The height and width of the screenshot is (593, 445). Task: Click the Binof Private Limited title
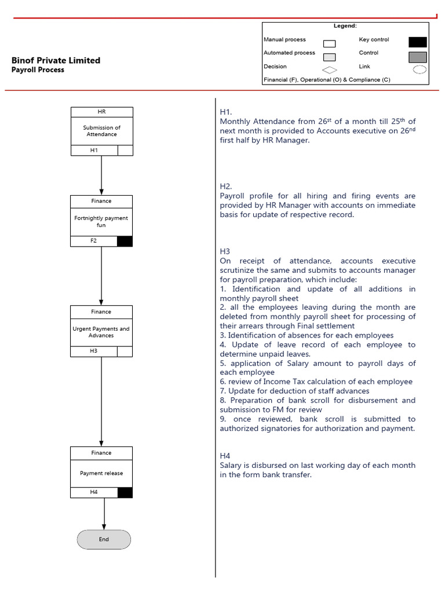[x=56, y=60]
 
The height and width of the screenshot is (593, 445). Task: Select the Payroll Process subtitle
[x=38, y=70]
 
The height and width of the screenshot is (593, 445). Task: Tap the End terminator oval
[x=104, y=539]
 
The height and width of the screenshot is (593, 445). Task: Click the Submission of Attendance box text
[x=101, y=131]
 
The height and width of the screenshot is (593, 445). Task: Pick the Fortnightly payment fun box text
[x=101, y=222]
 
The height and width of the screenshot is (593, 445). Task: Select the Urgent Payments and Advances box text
[x=101, y=332]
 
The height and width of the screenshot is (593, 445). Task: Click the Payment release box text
[x=101, y=473]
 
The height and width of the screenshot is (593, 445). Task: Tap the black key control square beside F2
[x=125, y=241]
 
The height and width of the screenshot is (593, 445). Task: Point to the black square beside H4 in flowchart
[x=125, y=492]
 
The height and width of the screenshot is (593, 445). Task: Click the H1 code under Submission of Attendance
[x=94, y=151]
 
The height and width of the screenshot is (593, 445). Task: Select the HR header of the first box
[x=101, y=112]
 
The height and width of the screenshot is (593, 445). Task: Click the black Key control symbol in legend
[x=417, y=42]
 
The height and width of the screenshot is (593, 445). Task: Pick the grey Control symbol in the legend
[x=417, y=57]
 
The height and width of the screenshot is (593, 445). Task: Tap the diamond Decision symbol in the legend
[x=329, y=70]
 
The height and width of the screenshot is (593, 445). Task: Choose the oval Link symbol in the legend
[x=419, y=69]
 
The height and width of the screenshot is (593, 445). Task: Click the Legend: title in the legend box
[x=345, y=26]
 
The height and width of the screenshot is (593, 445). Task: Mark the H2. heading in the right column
[x=226, y=186]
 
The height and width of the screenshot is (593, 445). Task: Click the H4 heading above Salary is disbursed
[x=225, y=456]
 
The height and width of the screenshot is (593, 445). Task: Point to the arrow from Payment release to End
[x=104, y=513]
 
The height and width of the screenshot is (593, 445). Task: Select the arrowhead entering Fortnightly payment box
[x=101, y=192]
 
